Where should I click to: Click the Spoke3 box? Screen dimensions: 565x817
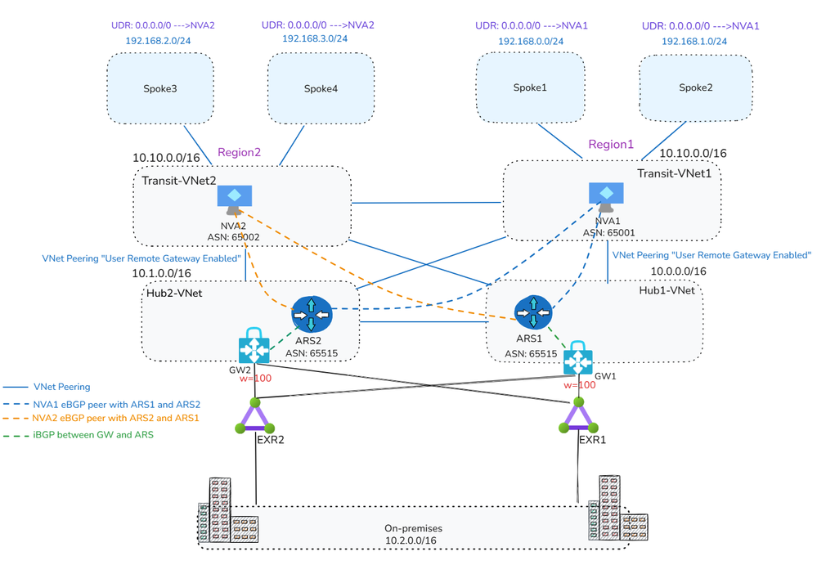(160, 89)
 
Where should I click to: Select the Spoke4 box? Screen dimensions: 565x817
(321, 89)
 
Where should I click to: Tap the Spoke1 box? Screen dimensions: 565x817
(530, 87)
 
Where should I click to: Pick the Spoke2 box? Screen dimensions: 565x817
(694, 87)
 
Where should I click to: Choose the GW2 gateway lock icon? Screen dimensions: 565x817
(254, 349)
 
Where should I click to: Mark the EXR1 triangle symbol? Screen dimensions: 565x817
(579, 416)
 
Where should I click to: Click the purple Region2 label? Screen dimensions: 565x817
(239, 153)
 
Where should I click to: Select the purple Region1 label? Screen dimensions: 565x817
(611, 145)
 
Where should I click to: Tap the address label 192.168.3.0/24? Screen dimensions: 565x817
(315, 38)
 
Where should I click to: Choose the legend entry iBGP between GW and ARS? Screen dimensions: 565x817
(93, 435)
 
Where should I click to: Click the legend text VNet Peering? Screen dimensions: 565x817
(61, 387)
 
